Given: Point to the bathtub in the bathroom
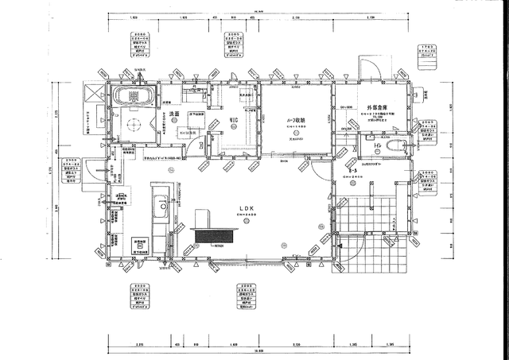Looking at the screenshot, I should pos(133,97).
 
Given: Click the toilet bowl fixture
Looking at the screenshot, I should pos(395,146).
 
